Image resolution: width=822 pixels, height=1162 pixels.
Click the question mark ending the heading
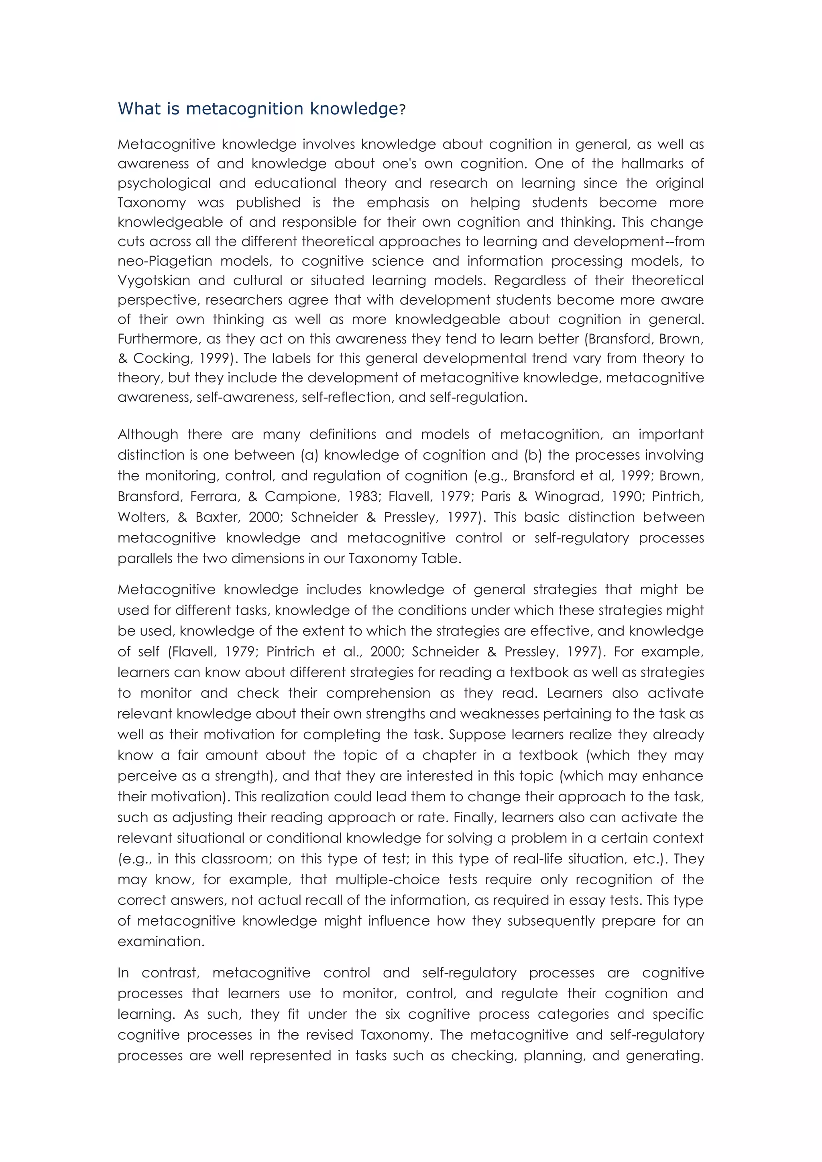tap(403, 110)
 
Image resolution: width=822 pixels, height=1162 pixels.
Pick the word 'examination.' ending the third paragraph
tap(161, 942)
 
